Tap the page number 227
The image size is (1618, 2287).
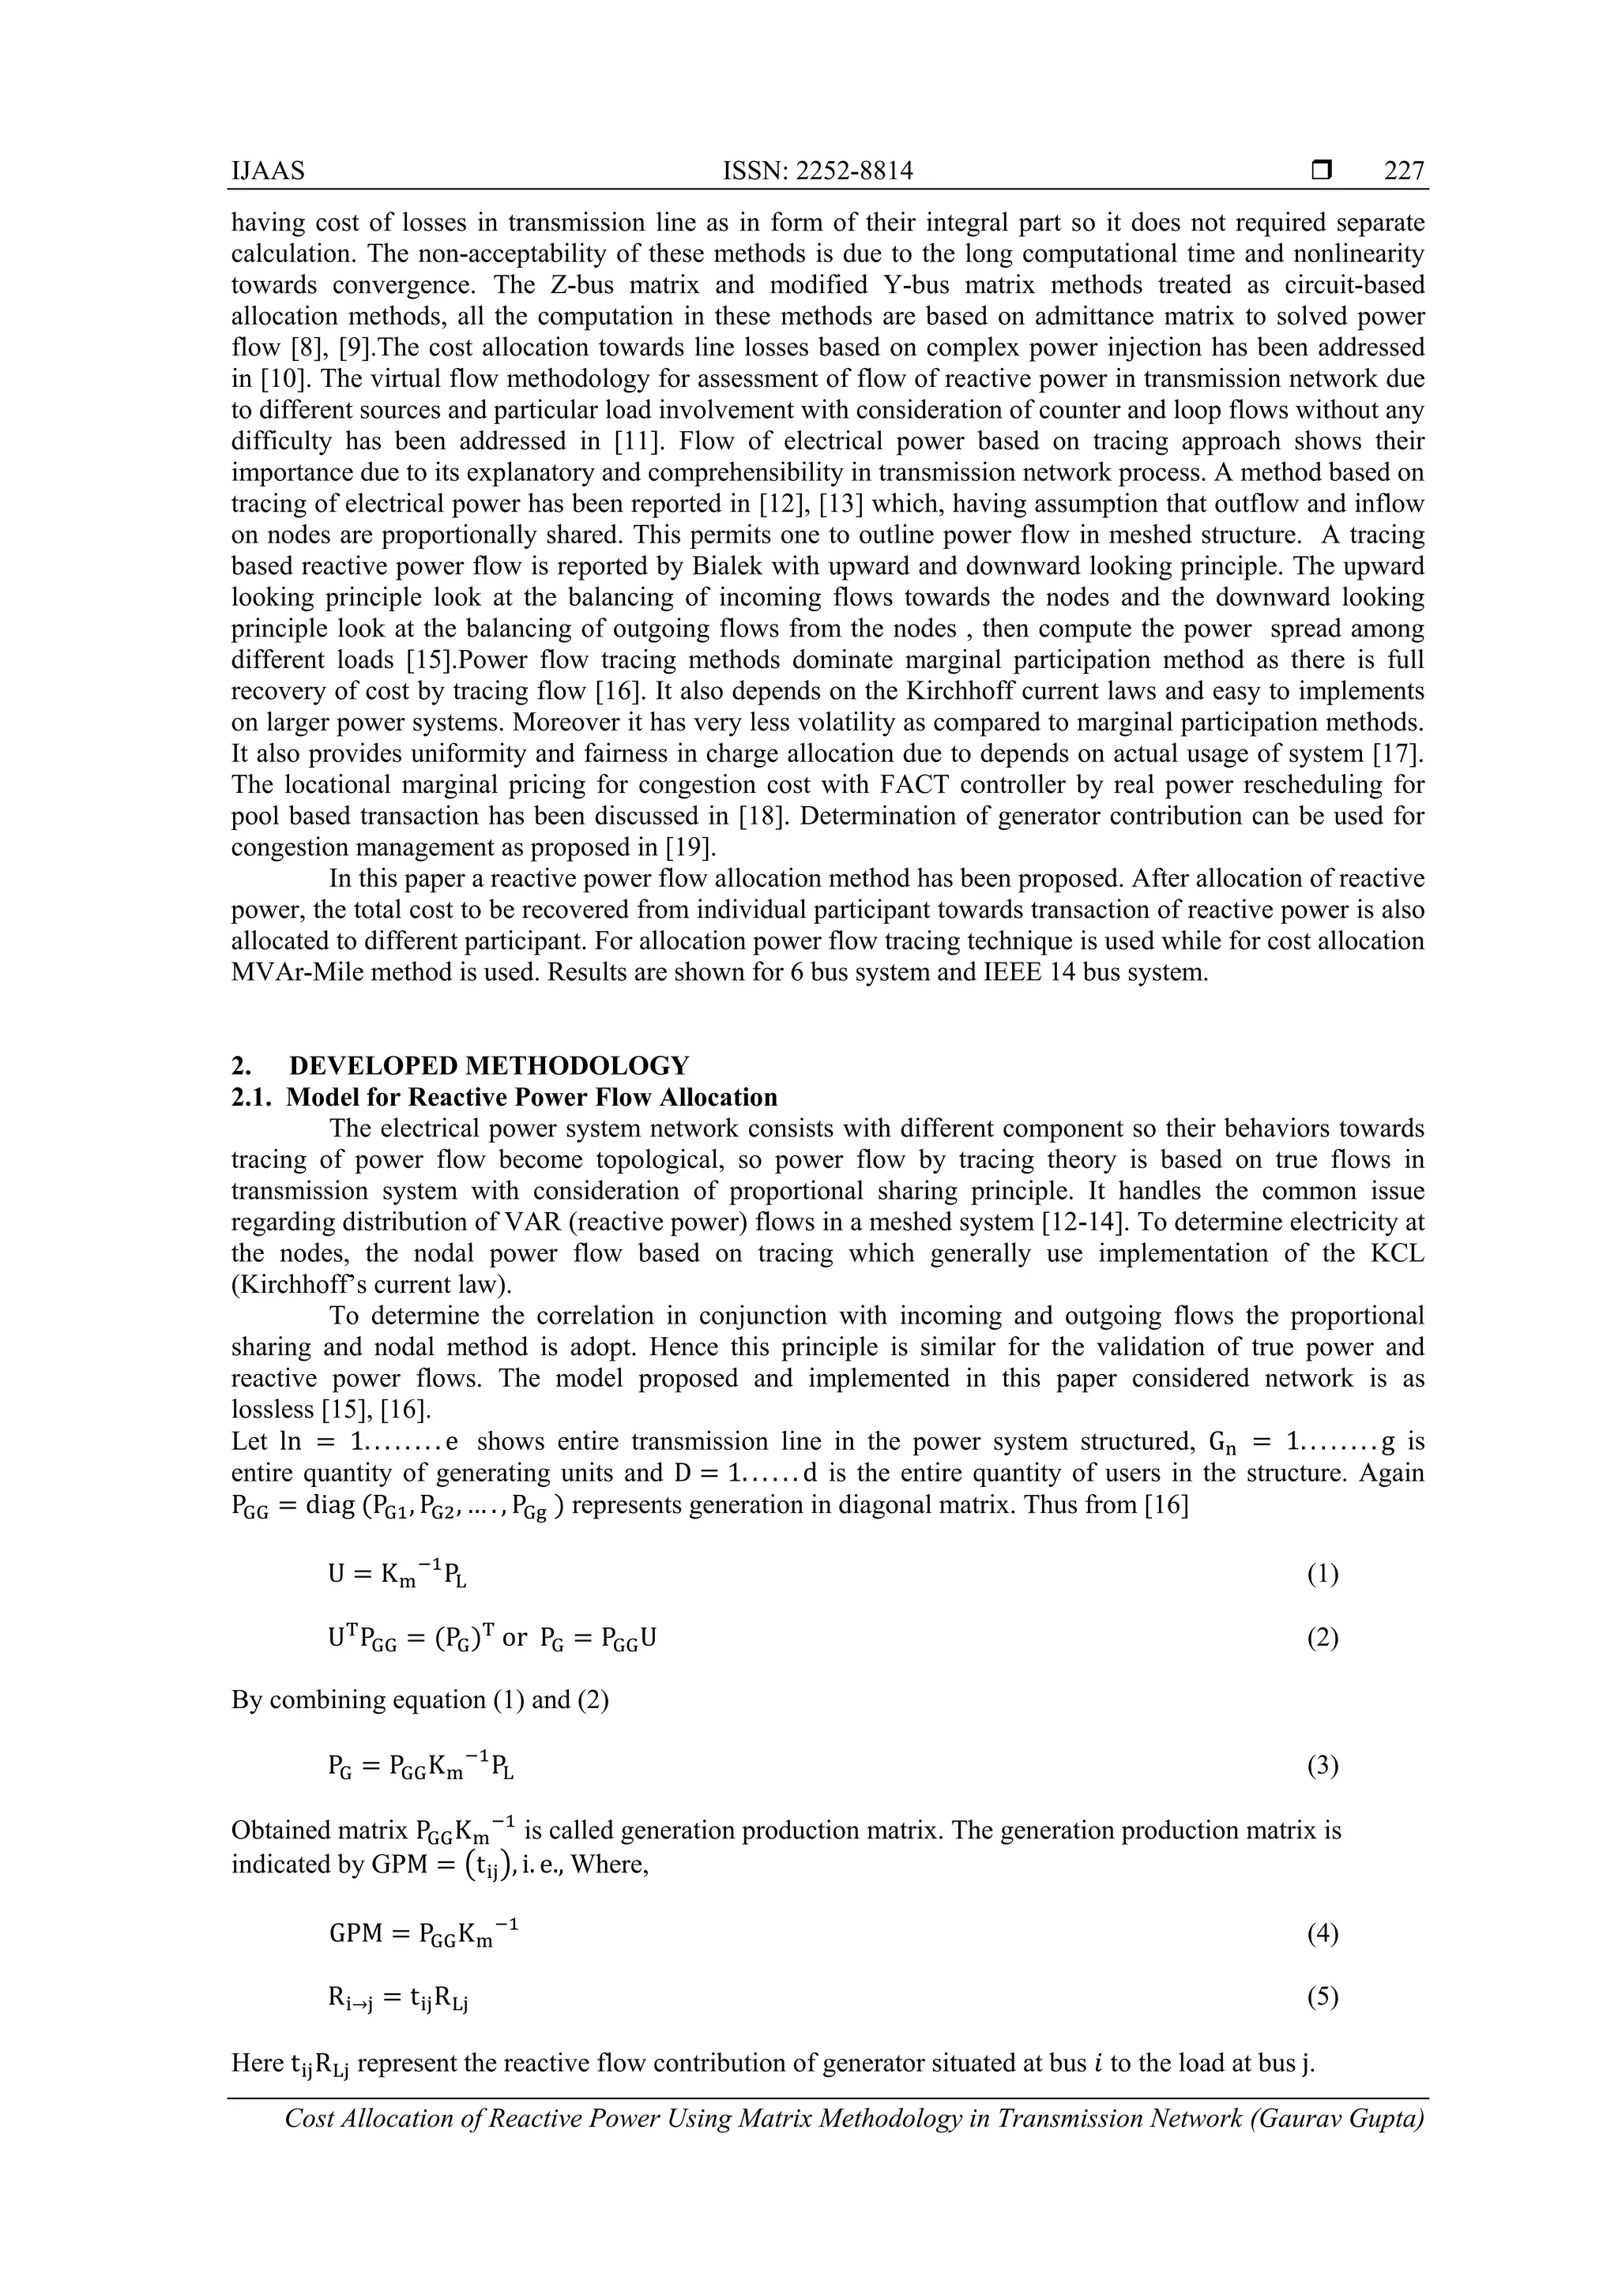(x=1404, y=171)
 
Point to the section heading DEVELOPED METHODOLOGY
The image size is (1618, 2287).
(x=488, y=1066)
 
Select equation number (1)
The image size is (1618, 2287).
(x=1322, y=1574)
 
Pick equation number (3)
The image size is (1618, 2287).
(x=1322, y=1766)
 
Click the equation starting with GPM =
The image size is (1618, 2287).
(x=423, y=1934)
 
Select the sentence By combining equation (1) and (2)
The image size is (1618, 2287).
(x=420, y=1699)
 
